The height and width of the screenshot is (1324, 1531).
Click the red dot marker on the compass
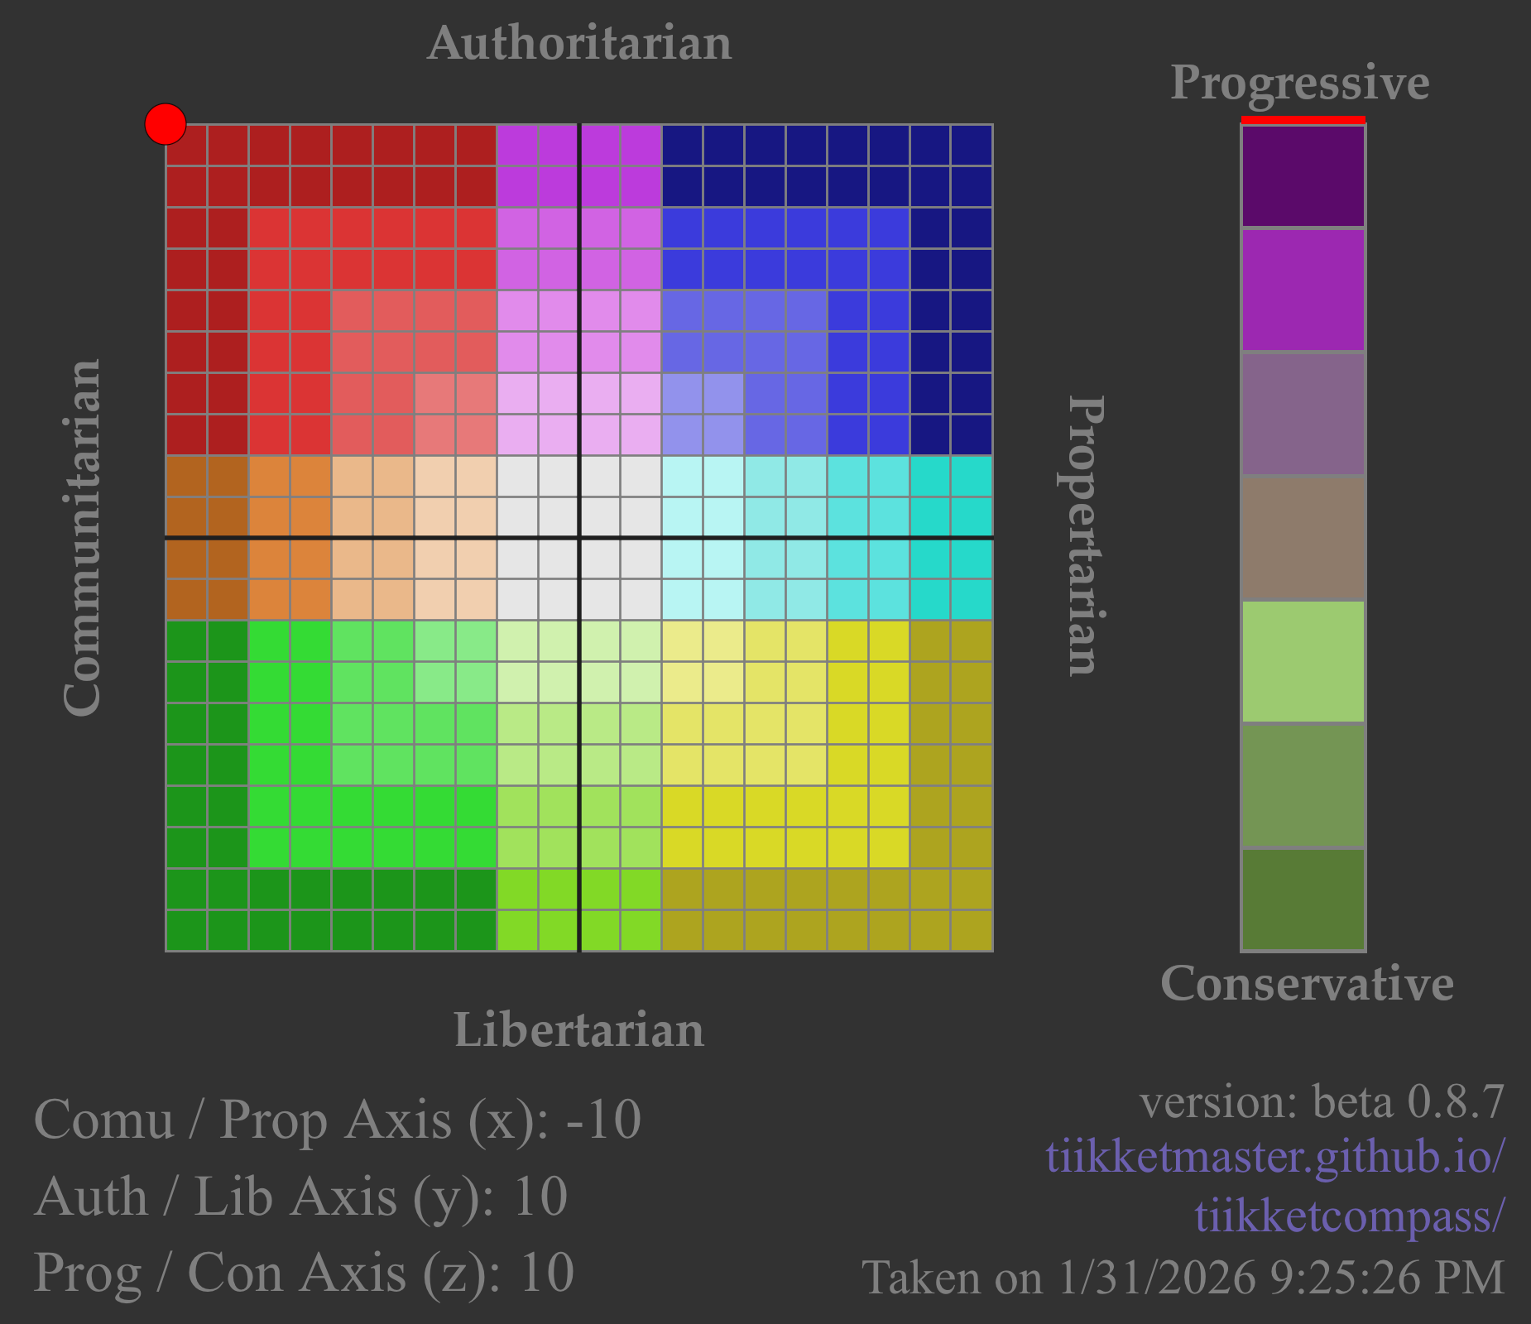tap(166, 124)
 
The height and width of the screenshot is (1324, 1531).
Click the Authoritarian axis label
tap(579, 43)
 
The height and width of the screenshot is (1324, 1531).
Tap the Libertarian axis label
tap(578, 1030)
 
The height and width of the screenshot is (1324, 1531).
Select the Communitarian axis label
tap(83, 538)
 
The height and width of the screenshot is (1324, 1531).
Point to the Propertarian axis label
tap(1083, 536)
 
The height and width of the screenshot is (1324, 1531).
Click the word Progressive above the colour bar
tap(1300, 83)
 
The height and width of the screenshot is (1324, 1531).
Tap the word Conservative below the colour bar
tap(1307, 983)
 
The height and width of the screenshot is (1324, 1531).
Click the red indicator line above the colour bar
tap(1303, 120)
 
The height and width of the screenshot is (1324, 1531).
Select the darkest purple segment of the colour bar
tap(1303, 176)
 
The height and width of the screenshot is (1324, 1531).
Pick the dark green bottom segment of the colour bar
tap(1303, 900)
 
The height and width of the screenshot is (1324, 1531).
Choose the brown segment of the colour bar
tap(1303, 538)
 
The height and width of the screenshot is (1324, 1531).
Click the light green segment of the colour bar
tap(1303, 661)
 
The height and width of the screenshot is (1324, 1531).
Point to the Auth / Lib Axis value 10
tap(540, 1197)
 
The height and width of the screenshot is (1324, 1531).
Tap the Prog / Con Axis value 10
tap(546, 1273)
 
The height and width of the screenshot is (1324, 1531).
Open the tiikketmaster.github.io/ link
tap(1274, 1156)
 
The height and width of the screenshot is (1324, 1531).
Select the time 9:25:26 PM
tap(1387, 1278)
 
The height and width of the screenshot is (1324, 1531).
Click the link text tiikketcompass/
tap(1349, 1216)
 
